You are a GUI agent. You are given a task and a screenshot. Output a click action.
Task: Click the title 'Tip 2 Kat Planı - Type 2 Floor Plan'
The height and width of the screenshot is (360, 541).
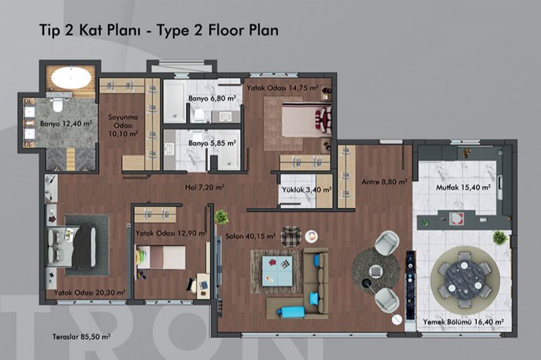point(159,30)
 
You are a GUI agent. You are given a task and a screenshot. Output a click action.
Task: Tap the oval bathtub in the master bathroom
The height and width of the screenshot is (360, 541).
point(71,77)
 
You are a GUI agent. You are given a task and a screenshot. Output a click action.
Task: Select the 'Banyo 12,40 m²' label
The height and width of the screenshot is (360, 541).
point(66,124)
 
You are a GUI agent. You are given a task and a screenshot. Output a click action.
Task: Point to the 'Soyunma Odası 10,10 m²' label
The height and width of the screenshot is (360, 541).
point(123,125)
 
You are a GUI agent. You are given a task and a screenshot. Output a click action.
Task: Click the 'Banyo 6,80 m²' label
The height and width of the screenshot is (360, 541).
point(213,98)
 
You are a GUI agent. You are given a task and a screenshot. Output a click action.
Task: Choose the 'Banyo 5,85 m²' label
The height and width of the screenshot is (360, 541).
point(213,143)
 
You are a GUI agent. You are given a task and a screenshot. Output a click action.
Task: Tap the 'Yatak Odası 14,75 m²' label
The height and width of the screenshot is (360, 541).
point(282,88)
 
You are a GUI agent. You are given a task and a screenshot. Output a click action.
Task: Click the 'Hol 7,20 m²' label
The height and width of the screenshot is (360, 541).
point(205,187)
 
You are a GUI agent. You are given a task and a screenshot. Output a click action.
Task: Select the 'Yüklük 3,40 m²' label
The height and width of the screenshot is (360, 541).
point(307,189)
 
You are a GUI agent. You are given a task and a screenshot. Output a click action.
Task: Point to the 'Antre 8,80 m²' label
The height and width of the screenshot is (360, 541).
point(384,182)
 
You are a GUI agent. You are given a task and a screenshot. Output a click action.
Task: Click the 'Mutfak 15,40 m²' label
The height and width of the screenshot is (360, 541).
point(464,187)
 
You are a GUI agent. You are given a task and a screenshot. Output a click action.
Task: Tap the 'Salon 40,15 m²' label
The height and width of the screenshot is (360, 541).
point(250,236)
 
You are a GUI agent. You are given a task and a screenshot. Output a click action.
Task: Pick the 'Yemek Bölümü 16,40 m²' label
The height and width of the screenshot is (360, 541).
point(464,321)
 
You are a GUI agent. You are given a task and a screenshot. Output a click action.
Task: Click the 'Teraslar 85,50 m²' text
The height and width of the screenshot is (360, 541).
point(81,337)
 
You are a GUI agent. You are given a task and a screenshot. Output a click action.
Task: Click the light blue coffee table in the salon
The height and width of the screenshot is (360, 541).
point(277,271)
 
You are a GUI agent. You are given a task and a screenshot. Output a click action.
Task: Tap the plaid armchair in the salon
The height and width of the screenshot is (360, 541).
point(291,236)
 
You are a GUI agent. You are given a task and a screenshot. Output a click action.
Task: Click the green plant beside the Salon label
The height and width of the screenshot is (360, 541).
point(221,217)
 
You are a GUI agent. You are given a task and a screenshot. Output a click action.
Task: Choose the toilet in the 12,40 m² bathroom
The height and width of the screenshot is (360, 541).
point(58,104)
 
